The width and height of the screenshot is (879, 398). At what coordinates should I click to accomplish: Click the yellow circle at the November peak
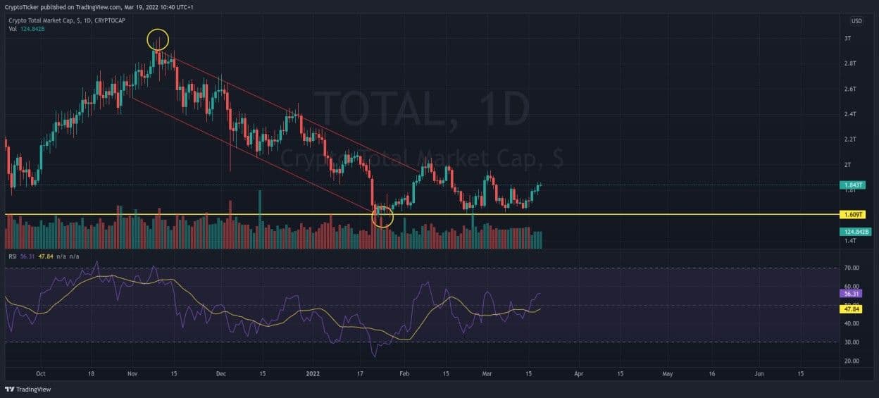click(158, 39)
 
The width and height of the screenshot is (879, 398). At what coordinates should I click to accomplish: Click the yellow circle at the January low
click(382, 216)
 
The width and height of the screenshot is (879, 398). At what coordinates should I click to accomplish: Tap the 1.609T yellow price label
click(852, 214)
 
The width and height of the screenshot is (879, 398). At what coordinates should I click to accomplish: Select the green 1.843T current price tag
click(852, 185)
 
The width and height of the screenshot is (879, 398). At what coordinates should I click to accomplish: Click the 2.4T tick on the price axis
click(850, 114)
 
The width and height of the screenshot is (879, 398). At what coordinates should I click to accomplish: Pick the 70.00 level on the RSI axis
click(851, 268)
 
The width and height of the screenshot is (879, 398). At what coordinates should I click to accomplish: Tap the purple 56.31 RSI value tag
click(851, 293)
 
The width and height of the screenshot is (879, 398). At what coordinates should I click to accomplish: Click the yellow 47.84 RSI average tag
click(851, 309)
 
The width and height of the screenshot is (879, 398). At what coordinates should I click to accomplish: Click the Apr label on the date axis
click(578, 374)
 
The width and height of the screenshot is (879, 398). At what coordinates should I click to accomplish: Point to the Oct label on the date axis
click(40, 374)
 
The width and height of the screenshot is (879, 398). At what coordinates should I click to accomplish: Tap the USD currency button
click(856, 21)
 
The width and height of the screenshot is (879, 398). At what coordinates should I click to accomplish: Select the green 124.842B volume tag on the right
click(855, 232)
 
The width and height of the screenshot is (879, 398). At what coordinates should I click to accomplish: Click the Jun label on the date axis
click(759, 374)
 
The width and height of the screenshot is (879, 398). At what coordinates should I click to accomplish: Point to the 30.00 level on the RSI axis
click(851, 342)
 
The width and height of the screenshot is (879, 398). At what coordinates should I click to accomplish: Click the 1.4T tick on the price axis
click(850, 241)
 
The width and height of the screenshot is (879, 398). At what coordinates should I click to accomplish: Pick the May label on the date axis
click(668, 374)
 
